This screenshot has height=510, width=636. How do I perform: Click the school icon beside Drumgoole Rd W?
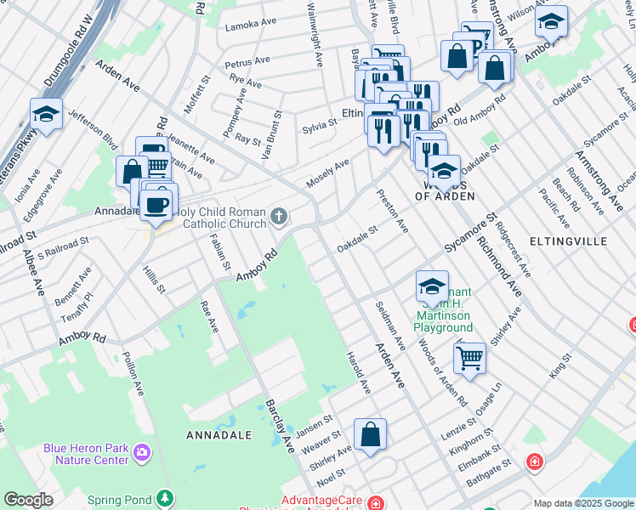coord(46,114)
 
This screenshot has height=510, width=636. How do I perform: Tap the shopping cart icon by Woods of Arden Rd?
coord(468,358)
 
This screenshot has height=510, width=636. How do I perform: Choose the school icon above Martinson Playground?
coord(432,286)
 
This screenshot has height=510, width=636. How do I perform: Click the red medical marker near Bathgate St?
coord(534,462)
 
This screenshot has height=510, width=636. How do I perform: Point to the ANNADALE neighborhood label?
coord(219,434)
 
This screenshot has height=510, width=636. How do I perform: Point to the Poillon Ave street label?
coord(134,372)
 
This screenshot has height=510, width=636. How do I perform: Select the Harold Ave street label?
coord(357,372)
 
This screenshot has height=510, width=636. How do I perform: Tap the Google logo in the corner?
coord(29,500)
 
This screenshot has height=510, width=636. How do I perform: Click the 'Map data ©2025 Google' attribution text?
coord(582,503)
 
